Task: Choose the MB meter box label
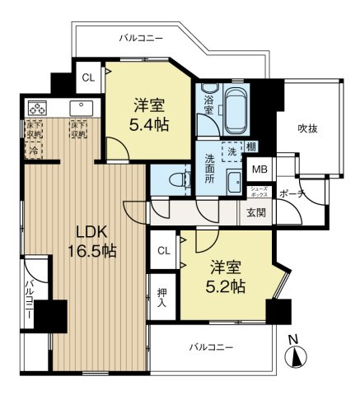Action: point(259,170)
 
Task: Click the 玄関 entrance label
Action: point(256,212)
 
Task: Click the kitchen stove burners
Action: point(36,108)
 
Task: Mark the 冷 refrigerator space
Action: point(34,151)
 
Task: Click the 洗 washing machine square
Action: point(232,151)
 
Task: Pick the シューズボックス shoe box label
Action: point(259,191)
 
